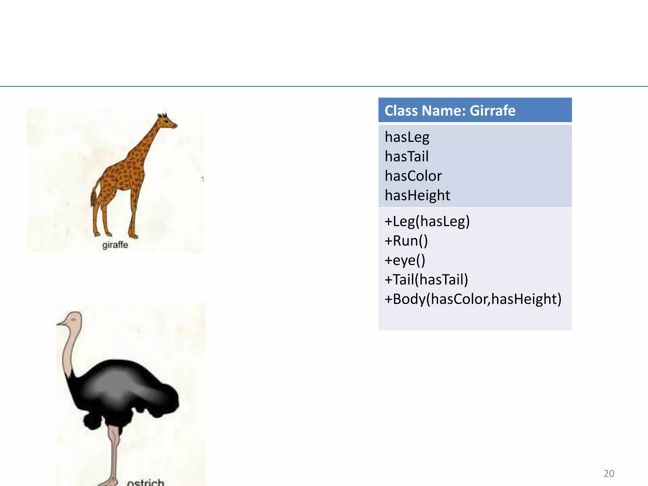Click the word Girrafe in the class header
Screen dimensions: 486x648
492,110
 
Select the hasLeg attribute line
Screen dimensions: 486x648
407,137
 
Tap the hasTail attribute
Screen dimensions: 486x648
407,156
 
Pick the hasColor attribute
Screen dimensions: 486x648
413,176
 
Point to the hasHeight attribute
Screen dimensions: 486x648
417,195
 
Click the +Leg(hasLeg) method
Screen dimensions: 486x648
427,221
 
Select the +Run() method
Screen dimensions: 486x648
406,241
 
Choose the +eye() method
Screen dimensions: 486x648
405,260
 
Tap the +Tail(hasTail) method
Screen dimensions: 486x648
426,280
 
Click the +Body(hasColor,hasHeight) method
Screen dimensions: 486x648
473,299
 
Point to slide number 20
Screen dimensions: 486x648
609,473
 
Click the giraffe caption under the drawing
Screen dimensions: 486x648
115,245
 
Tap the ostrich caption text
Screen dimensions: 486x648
146,482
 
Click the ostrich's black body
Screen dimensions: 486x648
123,389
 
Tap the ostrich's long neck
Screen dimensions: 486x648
70,348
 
